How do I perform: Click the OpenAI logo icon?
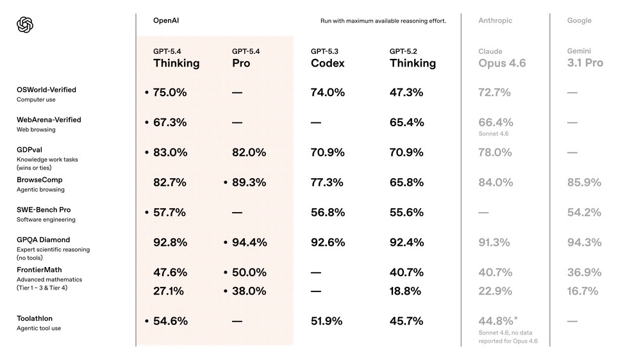click(25, 25)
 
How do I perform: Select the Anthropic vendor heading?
click(495, 20)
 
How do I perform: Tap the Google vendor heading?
click(579, 20)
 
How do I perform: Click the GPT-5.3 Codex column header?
click(328, 58)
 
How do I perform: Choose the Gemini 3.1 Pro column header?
click(585, 58)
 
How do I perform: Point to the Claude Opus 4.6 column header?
click(502, 58)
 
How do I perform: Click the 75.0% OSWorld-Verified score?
click(170, 92)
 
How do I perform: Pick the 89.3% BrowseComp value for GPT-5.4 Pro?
click(249, 183)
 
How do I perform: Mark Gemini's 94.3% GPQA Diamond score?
click(584, 242)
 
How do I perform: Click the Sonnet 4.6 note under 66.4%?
click(493, 134)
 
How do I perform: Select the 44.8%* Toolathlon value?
click(496, 321)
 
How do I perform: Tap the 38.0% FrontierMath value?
click(249, 291)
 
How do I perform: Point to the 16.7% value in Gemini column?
click(583, 291)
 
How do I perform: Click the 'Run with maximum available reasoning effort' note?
click(383, 21)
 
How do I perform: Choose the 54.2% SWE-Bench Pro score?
click(584, 212)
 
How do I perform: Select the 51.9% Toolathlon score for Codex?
click(326, 321)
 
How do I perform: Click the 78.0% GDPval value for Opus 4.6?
click(495, 152)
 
